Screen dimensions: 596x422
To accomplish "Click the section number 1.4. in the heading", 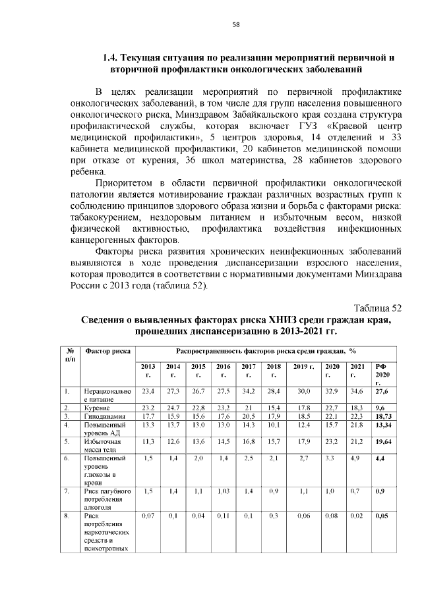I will click(113, 57).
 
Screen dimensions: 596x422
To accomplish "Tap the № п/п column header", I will click(69, 355).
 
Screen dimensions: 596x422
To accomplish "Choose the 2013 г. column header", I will click(148, 370).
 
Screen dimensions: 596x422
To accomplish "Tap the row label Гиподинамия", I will click(104, 417).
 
